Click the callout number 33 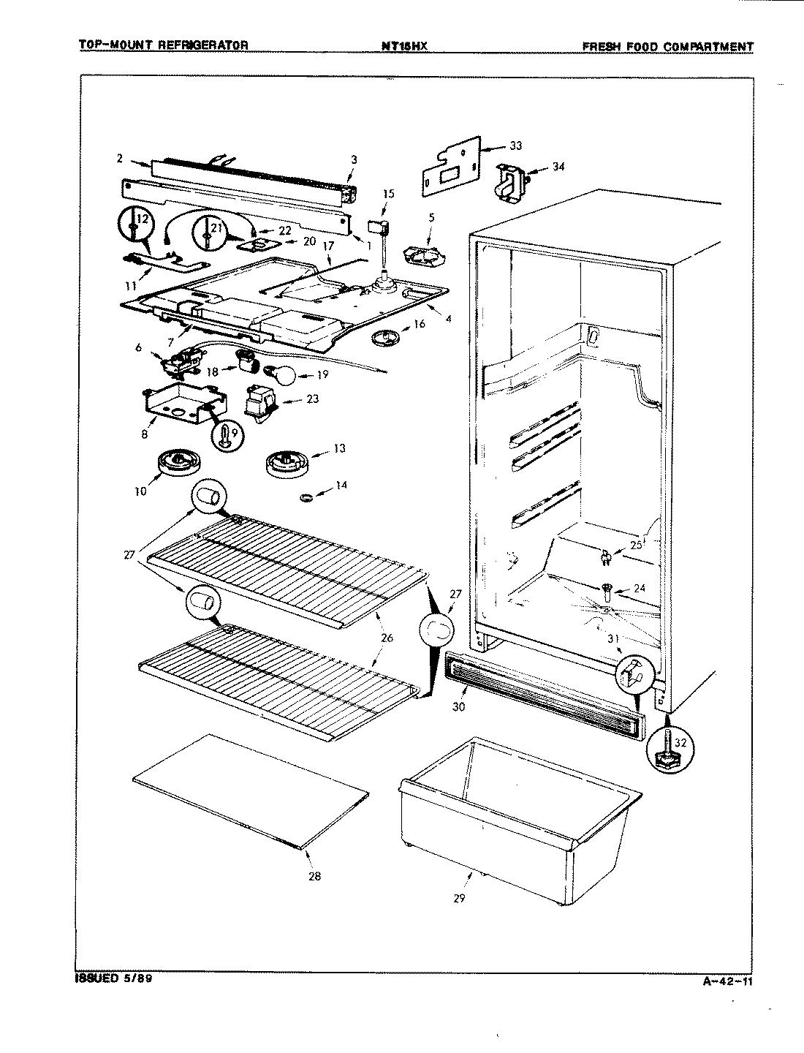[x=516, y=146]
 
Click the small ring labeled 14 [x=307, y=497]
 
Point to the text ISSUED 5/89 [x=113, y=978]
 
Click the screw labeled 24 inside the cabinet [x=607, y=590]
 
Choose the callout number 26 [x=387, y=638]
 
